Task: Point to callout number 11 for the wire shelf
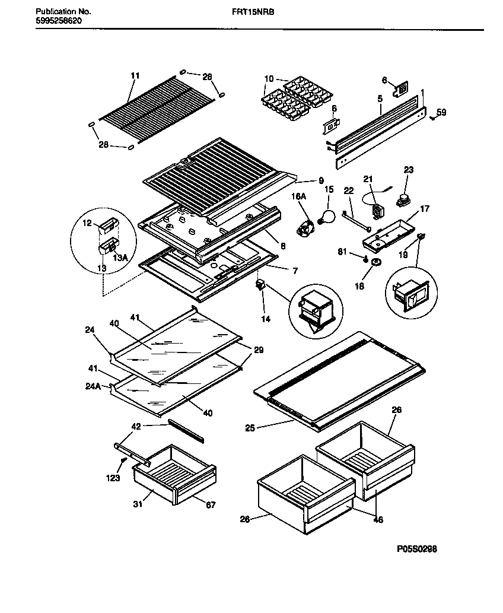click(x=135, y=75)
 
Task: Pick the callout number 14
click(x=265, y=319)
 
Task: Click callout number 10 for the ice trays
click(x=269, y=78)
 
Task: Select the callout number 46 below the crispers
click(x=378, y=520)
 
